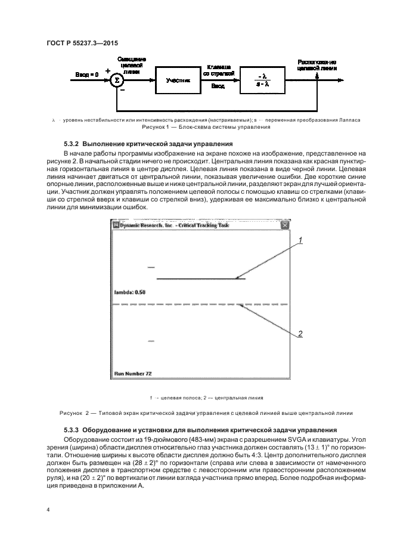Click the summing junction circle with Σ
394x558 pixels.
(117, 79)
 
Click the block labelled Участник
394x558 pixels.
(176, 79)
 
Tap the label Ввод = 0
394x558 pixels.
(86, 74)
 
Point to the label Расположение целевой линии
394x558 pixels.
(317, 65)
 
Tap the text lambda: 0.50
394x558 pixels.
(130, 292)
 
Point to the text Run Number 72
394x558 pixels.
(133, 373)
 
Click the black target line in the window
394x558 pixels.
(200, 279)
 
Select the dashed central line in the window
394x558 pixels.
(200, 305)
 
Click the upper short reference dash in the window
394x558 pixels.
(151, 267)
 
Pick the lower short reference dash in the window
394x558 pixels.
(151, 341)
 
